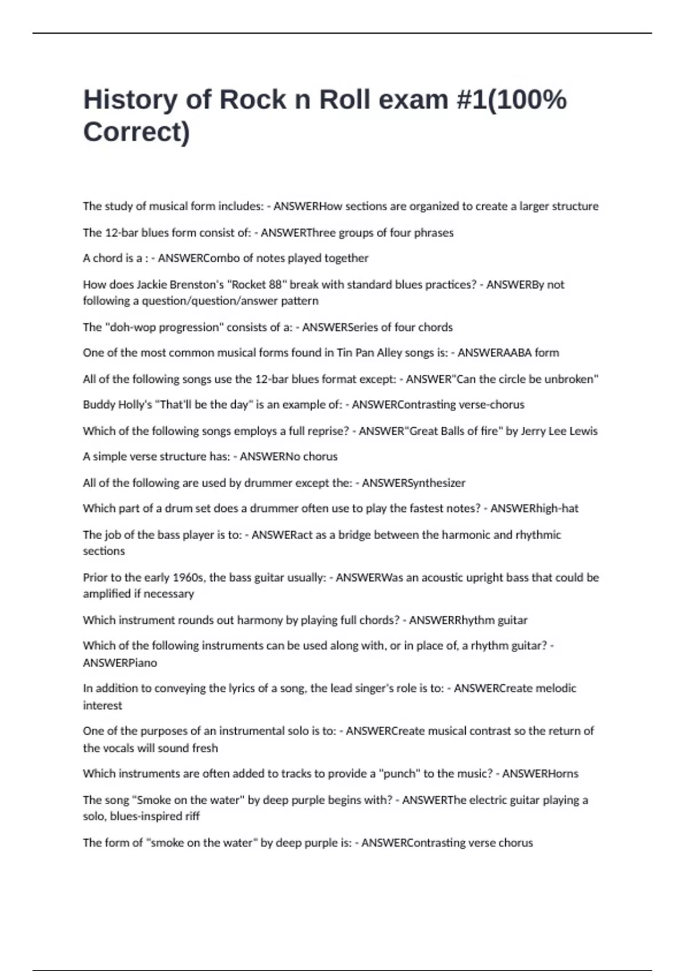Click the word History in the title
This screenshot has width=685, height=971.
coord(131,100)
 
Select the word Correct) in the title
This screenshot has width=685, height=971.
coord(136,132)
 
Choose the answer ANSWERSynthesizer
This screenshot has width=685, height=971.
coord(413,483)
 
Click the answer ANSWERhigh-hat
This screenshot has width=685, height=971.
coord(534,508)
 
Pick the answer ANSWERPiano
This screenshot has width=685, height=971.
coord(120,663)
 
